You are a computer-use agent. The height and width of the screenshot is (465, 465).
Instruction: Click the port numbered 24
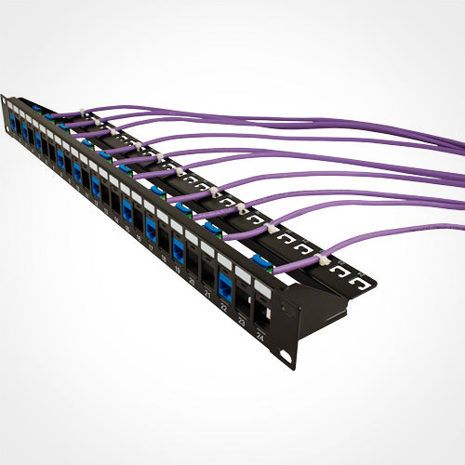click(261, 315)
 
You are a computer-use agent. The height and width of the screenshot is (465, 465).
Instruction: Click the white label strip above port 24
click(264, 290)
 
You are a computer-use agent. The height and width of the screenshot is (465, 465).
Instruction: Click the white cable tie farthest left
click(52, 115)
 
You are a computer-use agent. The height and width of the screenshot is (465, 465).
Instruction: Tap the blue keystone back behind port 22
click(261, 261)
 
